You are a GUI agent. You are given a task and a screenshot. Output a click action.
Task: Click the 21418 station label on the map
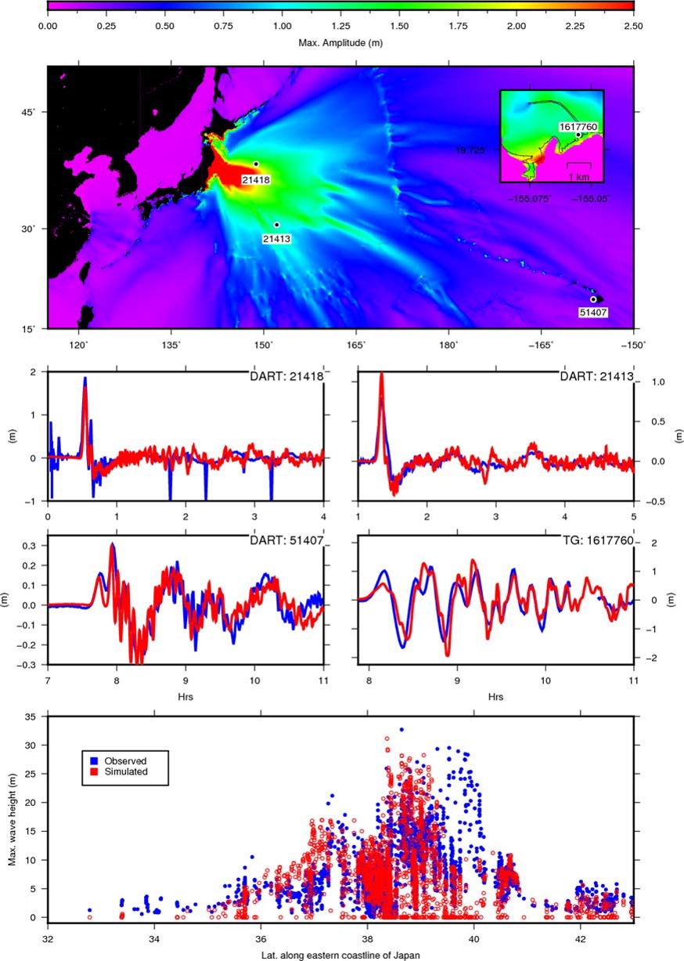coord(255,180)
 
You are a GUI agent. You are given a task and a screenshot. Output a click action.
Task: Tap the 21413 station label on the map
coord(276,239)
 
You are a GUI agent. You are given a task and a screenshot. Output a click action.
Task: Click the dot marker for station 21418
coord(256,164)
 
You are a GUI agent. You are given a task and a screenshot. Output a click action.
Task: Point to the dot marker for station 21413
coord(277,225)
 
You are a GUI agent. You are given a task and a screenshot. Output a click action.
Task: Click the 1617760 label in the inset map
coord(578,125)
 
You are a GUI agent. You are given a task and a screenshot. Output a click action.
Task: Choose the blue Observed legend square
coord(94,760)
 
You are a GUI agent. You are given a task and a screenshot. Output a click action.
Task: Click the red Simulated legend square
coord(94,771)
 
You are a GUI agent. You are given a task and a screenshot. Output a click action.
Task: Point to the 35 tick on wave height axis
coord(34,716)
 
